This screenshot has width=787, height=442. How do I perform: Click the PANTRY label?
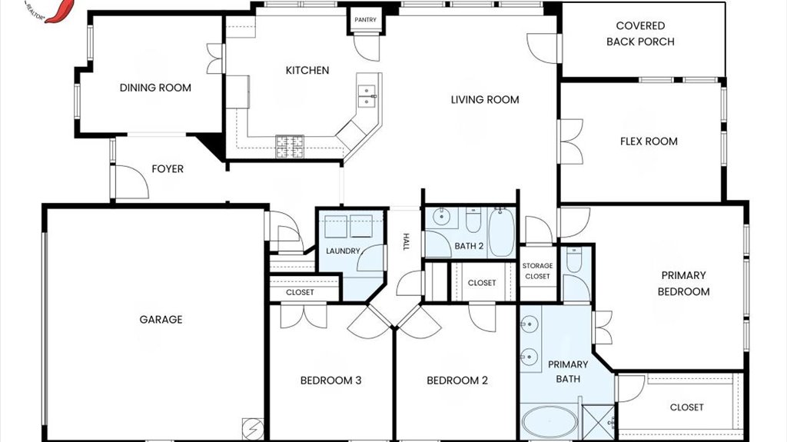(365, 19)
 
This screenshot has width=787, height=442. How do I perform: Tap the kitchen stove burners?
(290, 147)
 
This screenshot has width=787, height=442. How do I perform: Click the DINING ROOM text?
(155, 88)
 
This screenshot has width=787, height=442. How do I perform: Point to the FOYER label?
(168, 169)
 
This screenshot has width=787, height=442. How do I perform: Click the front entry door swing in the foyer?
(131, 182)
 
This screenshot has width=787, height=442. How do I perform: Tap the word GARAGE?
(161, 320)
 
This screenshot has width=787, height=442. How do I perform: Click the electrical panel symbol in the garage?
(250, 427)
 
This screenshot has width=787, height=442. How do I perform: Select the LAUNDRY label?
(343, 251)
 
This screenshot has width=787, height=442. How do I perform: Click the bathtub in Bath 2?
(501, 233)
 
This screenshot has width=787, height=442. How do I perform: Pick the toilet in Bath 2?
(473, 221)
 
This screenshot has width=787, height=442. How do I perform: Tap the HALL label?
(406, 241)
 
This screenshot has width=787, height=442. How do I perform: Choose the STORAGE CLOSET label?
(537, 271)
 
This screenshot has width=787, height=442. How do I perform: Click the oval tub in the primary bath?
(549, 421)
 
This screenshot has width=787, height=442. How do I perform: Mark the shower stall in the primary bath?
(598, 422)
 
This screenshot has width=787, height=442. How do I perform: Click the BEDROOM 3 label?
(330, 381)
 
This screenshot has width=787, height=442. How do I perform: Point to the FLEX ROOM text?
(649, 141)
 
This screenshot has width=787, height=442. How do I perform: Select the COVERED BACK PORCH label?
(640, 34)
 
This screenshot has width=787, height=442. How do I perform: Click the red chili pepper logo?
(60, 10)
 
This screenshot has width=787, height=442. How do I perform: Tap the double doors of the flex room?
(571, 141)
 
